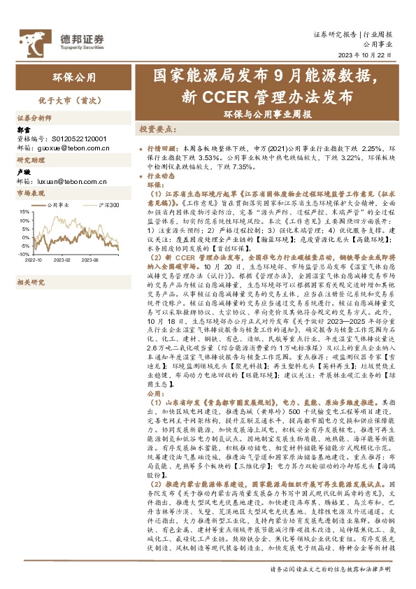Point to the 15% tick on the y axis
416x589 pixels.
click(24, 211)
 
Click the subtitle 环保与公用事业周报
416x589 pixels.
click(268, 113)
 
